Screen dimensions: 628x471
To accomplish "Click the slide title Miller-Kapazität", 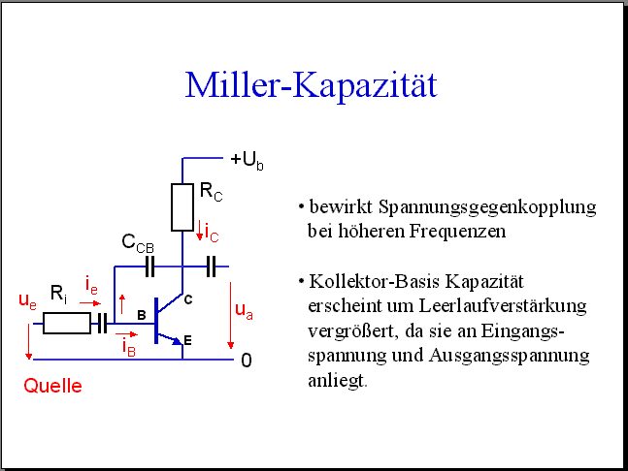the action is point(312,84).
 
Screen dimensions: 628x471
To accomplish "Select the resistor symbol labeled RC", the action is point(182,207).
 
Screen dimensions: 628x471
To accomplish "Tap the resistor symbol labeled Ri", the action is point(67,324).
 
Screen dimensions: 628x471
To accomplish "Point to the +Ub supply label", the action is point(248,161).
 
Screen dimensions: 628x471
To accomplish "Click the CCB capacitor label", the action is point(138,243).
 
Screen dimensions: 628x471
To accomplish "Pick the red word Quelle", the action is point(52,386).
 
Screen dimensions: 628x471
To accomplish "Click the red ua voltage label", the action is point(244,311).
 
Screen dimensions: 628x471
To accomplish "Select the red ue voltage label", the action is point(27,300).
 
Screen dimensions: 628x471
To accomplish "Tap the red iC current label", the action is point(212,232).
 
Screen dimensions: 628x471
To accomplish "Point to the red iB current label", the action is point(129,347).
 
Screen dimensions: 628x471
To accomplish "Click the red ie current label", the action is point(91,286).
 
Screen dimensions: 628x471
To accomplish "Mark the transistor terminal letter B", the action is point(142,315).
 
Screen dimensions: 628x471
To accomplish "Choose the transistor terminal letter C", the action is point(188,299).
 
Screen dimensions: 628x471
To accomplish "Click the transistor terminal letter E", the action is point(187,340).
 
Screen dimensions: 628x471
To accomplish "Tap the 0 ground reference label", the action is point(247,361).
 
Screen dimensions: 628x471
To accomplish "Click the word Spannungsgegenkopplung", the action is point(487,208).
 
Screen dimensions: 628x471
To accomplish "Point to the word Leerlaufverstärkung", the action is point(503,306).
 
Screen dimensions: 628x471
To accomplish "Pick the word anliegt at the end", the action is point(337,380).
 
